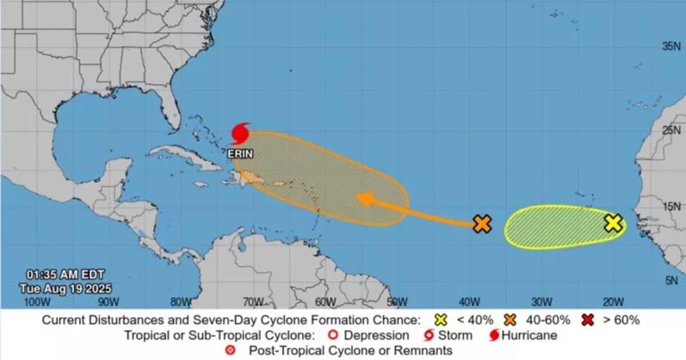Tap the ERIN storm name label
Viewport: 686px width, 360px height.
(x=240, y=154)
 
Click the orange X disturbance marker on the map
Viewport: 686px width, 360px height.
(x=482, y=224)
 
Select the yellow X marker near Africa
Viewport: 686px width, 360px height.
(x=613, y=223)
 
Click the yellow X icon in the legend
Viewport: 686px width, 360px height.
(x=440, y=320)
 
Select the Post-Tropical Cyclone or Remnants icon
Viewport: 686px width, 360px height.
(x=230, y=350)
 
